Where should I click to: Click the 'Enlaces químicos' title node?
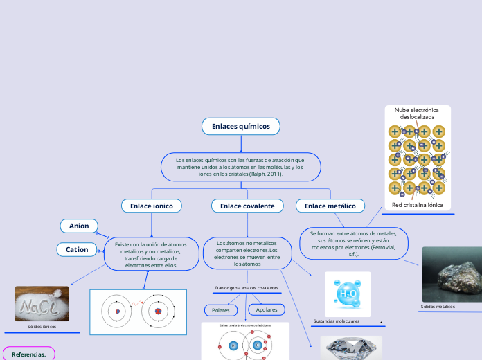240,126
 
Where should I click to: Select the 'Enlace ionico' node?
152,206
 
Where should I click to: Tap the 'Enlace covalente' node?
247,206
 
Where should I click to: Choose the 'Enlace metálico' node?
330,206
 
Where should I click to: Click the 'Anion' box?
79,226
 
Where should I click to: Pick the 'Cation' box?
77,249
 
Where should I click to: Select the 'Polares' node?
221,310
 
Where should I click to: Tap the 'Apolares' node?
267,309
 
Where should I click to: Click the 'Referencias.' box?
29,354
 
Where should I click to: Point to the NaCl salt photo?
42,304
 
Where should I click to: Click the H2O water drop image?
348,294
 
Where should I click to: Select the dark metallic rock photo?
452,275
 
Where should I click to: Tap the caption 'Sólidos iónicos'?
42,326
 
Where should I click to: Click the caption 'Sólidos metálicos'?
438,306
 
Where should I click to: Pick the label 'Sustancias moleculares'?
337,321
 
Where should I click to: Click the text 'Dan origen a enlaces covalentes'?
247,287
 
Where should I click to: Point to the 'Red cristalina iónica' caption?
417,205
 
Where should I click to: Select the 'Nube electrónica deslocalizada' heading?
417,114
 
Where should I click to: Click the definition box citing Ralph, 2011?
240,167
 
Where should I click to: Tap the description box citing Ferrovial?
353,244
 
